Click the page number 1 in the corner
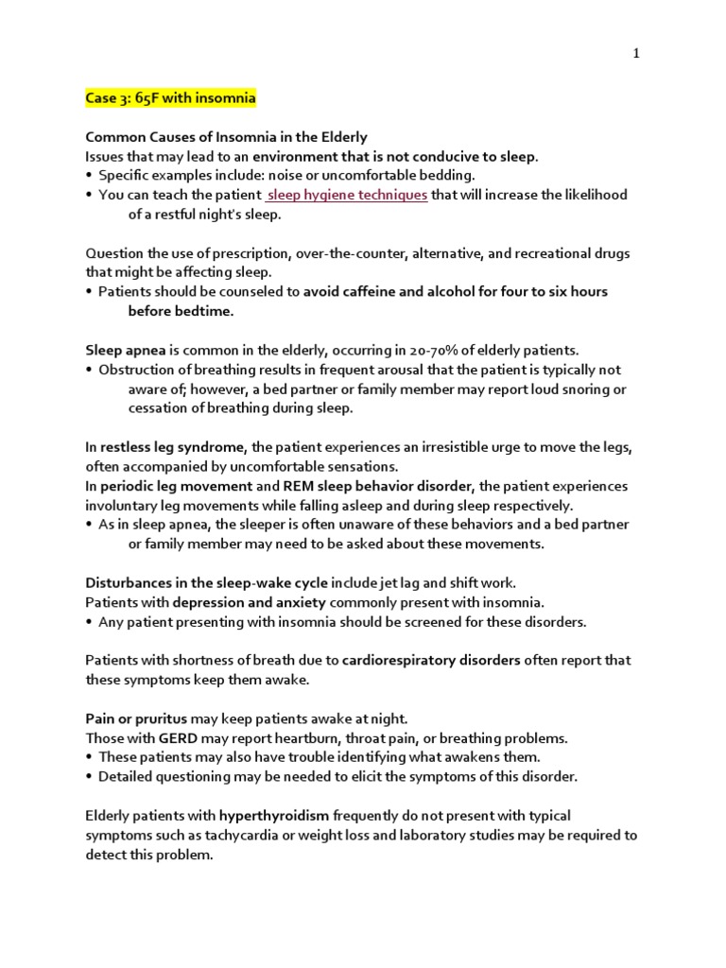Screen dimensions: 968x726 [636, 54]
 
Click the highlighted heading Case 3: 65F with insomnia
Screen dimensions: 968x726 [170, 98]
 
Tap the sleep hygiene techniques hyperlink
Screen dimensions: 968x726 [347, 195]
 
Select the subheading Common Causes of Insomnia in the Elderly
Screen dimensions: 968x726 [226, 137]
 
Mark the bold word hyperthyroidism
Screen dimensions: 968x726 [274, 815]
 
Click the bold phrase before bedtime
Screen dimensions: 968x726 [180, 311]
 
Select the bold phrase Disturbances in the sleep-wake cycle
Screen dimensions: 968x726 [207, 582]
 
